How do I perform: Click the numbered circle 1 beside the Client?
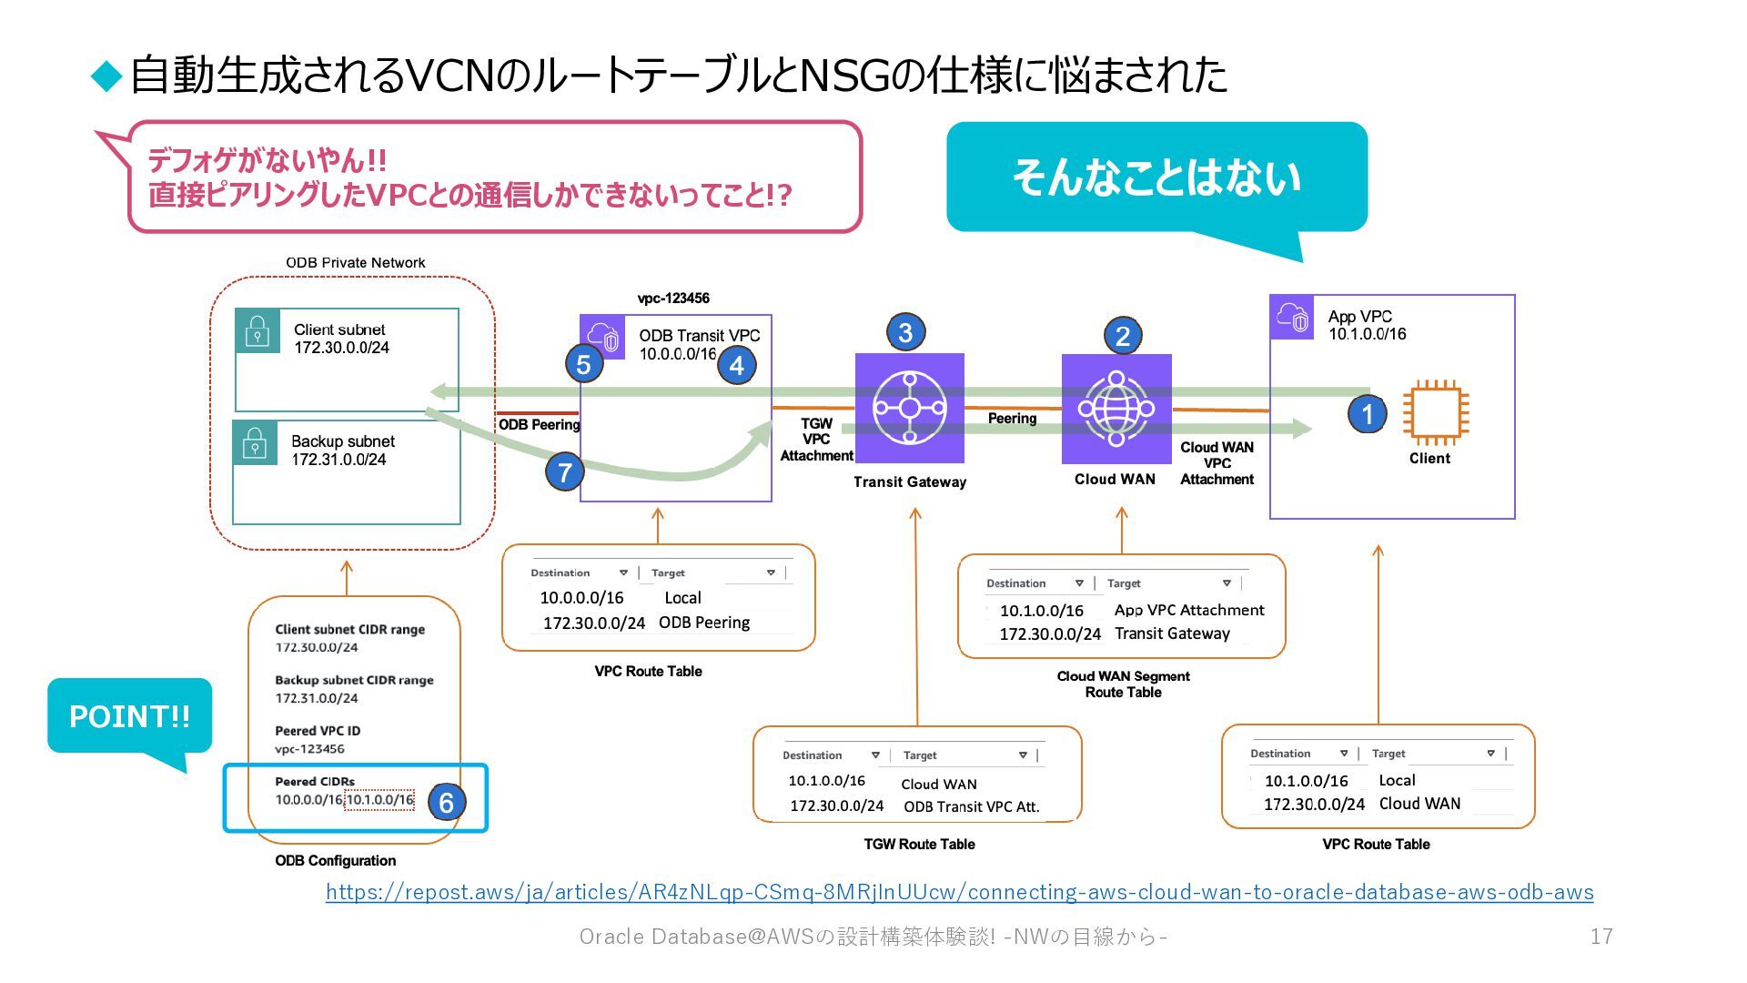[1367, 414]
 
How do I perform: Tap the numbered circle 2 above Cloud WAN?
[1122, 336]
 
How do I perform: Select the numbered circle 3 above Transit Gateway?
[905, 332]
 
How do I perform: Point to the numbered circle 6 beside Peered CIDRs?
[446, 802]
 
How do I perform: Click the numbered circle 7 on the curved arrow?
[565, 471]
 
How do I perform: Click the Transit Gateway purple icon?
[910, 408]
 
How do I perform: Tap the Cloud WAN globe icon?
[1116, 409]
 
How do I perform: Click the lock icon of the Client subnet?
[258, 330]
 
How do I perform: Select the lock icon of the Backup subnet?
[255, 442]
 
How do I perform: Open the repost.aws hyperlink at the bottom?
[960, 892]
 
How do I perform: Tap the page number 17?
[1601, 937]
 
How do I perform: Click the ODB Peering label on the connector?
[539, 424]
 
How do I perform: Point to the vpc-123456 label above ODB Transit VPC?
[673, 299]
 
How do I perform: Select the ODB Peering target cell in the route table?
[704, 623]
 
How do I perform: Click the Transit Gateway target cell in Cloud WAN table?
[1172, 633]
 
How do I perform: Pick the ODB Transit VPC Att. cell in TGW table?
[972, 806]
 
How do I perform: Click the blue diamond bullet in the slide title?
[106, 76]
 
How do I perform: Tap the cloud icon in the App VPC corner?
[1292, 317]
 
